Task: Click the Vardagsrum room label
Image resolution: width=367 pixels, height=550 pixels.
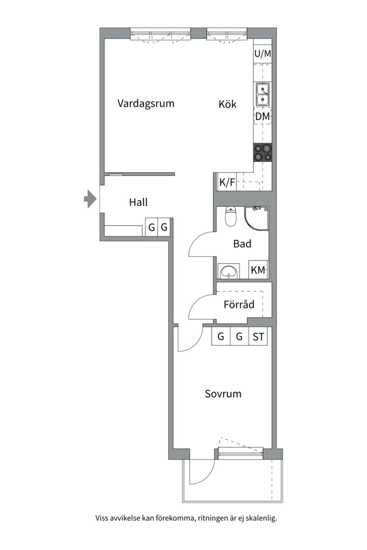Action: point(146,103)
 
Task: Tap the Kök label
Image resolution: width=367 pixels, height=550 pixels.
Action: point(228,104)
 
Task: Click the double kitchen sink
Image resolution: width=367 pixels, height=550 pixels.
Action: point(263,94)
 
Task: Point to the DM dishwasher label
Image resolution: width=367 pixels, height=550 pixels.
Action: point(263,117)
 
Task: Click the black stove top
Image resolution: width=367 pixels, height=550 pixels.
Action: point(263,152)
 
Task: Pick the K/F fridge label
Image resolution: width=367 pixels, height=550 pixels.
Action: point(227,182)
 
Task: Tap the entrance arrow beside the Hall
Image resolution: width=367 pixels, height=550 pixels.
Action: point(90,199)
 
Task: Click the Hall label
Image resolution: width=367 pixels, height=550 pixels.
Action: point(138,202)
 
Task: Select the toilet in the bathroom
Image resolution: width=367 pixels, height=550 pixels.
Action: point(230,217)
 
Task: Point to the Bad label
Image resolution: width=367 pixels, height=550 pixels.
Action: point(242,244)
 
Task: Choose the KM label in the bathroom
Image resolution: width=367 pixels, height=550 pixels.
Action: point(258,270)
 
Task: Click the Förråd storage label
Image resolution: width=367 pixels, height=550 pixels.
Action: point(239,305)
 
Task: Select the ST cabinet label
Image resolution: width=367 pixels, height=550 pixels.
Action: point(258,337)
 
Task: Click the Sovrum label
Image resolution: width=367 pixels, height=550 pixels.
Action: point(223,394)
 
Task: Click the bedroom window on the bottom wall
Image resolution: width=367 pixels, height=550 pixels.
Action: point(240,451)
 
